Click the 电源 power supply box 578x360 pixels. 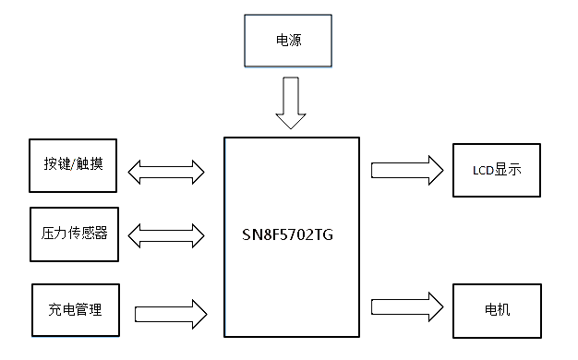(286, 41)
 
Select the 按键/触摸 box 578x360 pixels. (74, 166)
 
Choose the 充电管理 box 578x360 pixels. (75, 309)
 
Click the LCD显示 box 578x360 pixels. (496, 170)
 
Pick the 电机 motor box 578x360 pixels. (496, 309)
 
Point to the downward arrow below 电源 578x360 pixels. (289, 102)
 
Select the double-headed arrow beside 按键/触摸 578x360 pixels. (166, 170)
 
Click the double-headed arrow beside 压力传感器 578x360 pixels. (166, 235)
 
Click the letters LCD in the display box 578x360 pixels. (482, 171)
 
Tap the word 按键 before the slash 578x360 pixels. (56, 166)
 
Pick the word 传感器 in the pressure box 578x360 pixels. (86, 233)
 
